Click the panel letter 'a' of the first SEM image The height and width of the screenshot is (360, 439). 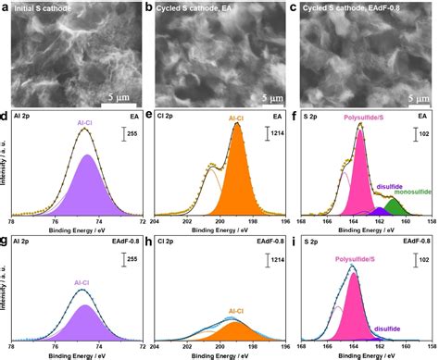coord(6,7)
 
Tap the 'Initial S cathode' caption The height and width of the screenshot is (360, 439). coord(47,8)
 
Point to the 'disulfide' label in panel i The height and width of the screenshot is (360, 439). coord(393,327)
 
